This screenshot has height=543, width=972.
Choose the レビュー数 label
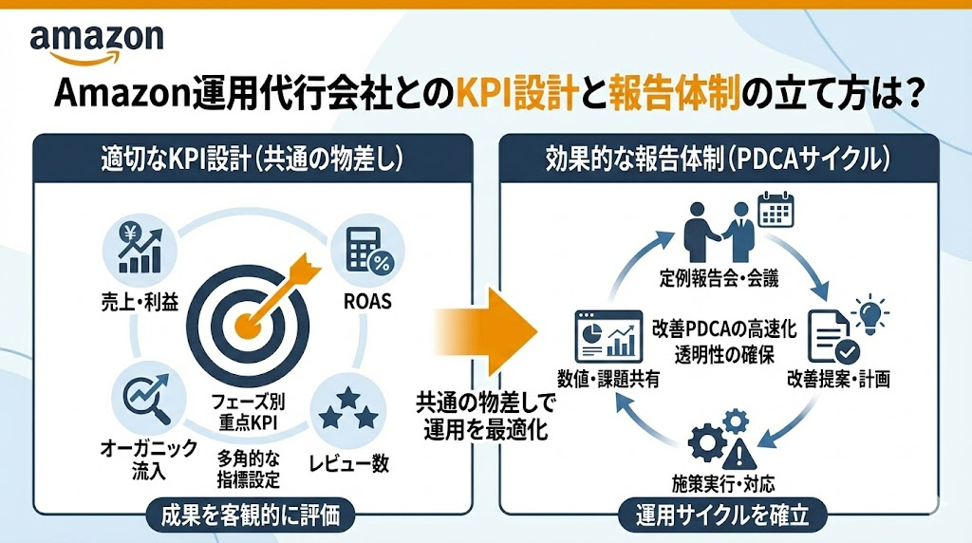pyautogui.click(x=347, y=464)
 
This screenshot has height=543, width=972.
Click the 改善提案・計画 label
pyautogui.click(x=838, y=380)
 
